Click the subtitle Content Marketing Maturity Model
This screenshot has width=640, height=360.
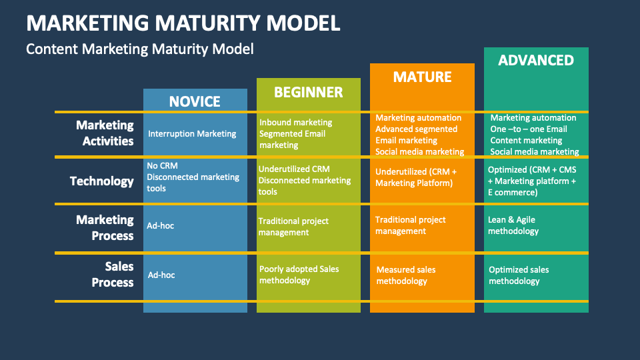pos(140,49)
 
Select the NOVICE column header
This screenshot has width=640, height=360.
pos(195,101)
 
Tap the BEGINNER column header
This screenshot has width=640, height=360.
pos(308,92)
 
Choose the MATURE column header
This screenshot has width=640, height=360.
pos(422,77)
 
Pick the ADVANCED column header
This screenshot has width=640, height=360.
pos(536,60)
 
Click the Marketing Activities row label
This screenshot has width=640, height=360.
pos(105,133)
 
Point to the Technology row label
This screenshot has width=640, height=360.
pos(102,181)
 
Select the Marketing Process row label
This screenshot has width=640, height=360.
pos(105,227)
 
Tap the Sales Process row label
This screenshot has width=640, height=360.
pos(112,274)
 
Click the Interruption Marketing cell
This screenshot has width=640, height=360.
pos(192,134)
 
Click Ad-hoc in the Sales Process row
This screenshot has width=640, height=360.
pos(161,275)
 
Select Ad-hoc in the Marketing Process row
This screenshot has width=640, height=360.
pos(161,226)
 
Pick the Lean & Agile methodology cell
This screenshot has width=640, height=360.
pos(513,225)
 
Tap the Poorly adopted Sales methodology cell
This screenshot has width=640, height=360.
pos(299,275)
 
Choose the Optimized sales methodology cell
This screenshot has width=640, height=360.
pos(519,275)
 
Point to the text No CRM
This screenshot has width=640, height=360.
pos(162,165)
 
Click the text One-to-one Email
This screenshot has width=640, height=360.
pos(529,129)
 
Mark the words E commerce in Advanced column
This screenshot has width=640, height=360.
pos(513,193)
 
